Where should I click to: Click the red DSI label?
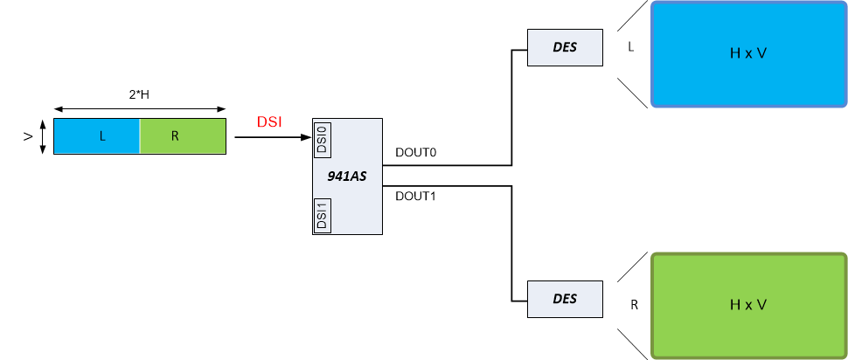pos(269,122)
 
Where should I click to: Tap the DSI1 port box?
pos(321,216)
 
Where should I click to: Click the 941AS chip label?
pos(348,177)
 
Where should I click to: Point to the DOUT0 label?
pos(415,153)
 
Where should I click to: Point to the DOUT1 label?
pos(415,196)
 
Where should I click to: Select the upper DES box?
pos(565,47)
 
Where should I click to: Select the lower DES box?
pos(565,299)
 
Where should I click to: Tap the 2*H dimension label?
pos(140,93)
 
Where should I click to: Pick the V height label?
pos(28,137)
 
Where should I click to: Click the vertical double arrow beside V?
pos(42,137)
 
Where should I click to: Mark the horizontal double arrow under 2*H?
pos(140,108)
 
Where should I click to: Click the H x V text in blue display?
pos(748,53)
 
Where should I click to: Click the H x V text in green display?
pos(748,304)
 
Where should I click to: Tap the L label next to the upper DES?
pos(630,46)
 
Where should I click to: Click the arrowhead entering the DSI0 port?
pos(307,137)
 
